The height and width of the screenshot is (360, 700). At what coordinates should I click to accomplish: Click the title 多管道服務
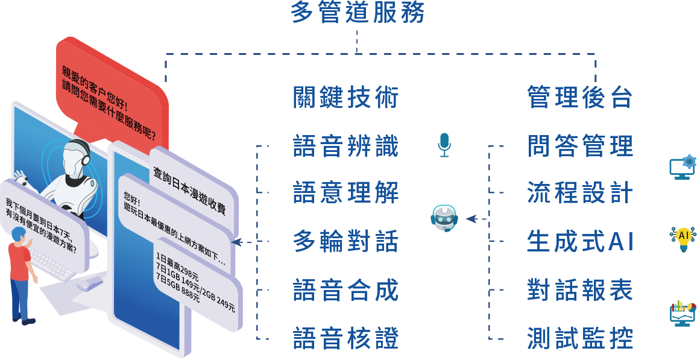coord(358,13)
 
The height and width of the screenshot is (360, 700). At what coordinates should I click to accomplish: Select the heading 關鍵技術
coord(345,97)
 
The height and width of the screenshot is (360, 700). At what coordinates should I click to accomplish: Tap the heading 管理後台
coord(579,97)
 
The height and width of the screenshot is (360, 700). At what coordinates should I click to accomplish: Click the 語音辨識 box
coord(345,145)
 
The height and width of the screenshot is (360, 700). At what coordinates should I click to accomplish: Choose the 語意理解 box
coord(345,193)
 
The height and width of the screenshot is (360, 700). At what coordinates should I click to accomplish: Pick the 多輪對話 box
coord(345,241)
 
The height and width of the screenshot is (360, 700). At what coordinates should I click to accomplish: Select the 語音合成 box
coord(345,289)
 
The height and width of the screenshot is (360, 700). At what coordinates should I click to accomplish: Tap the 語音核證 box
coord(345,338)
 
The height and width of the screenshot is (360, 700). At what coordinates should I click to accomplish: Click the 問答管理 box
coord(579,145)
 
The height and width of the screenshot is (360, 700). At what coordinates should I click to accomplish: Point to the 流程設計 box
coord(579,193)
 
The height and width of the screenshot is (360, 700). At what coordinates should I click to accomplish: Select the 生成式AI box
coord(579,241)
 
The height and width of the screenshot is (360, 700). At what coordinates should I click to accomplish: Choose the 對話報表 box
coord(579,289)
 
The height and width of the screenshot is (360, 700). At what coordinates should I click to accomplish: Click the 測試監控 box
coord(579,338)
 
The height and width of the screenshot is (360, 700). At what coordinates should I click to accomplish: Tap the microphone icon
coord(444,145)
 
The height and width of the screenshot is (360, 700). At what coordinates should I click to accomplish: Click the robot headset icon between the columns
coord(444,218)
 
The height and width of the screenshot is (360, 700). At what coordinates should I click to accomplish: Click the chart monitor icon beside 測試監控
coord(683,314)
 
